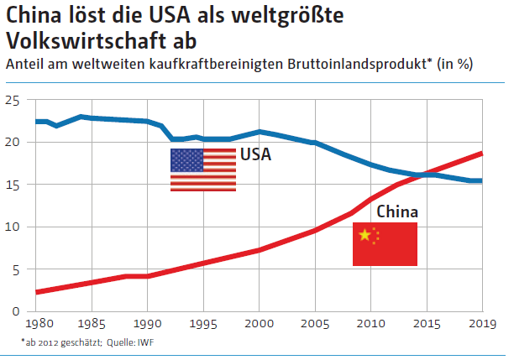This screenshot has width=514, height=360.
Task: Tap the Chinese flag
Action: tap(385, 244)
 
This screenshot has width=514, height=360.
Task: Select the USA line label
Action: tap(256, 154)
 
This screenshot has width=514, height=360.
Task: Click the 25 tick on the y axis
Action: tap(13, 101)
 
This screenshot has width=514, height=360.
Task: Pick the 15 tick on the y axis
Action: tap(13, 185)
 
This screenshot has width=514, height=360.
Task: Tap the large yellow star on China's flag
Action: tap(365, 235)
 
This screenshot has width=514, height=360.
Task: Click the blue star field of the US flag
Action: tap(186, 159)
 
